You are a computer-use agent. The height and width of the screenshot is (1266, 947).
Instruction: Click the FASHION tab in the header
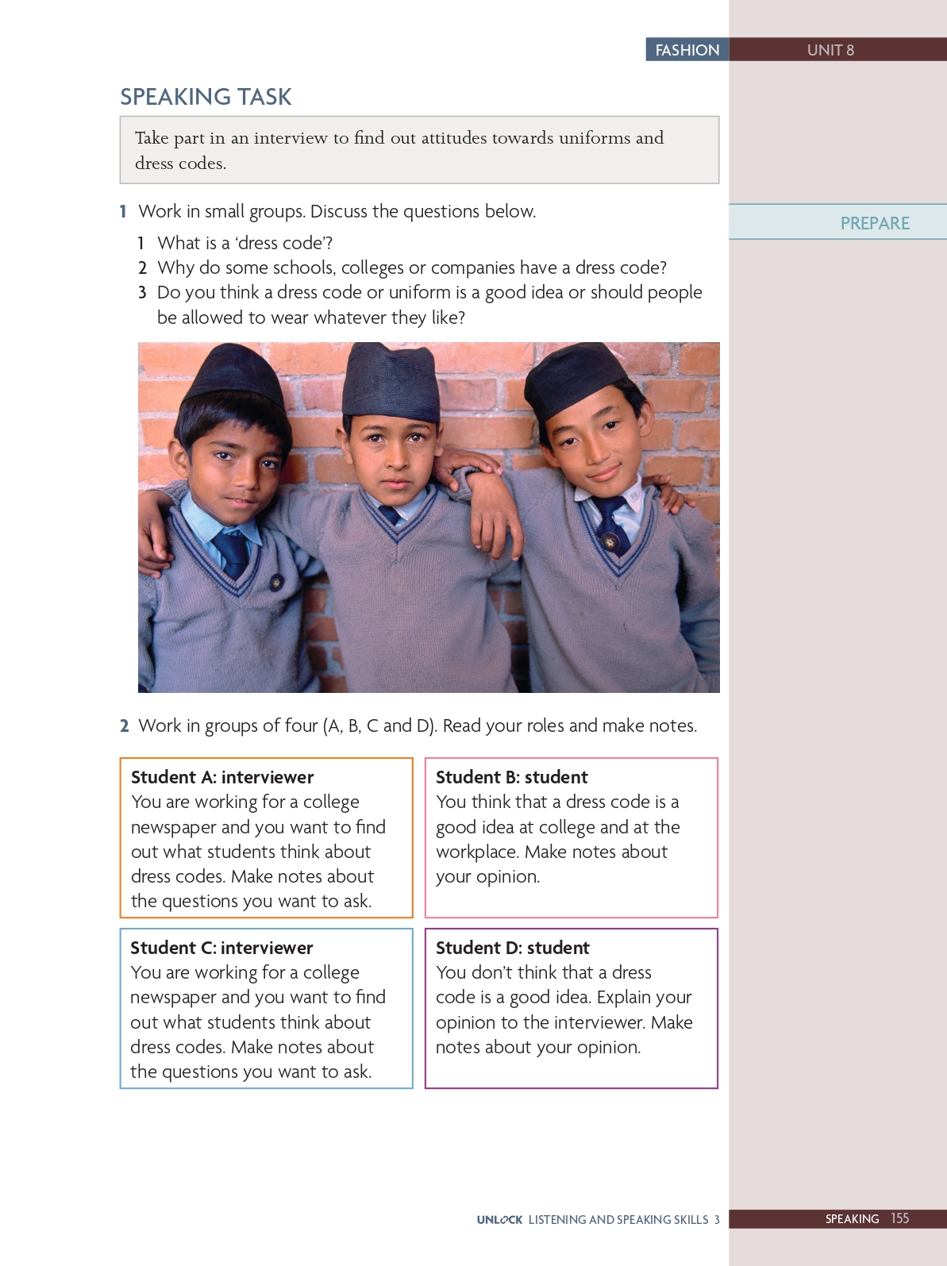687,50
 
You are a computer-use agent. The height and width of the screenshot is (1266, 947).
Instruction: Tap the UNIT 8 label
830,50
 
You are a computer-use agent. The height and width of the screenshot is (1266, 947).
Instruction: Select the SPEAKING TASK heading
206,97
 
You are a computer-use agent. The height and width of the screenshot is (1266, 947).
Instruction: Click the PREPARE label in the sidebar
875,223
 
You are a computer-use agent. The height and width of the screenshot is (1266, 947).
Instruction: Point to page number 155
899,1218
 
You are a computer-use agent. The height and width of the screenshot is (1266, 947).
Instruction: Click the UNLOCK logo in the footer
499,1220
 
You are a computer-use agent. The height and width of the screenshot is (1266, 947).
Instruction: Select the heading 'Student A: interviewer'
222,777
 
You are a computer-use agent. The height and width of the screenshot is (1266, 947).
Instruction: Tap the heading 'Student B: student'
512,777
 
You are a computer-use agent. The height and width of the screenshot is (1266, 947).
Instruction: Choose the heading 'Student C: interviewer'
221,948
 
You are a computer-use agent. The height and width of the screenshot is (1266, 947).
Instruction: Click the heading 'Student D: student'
513,948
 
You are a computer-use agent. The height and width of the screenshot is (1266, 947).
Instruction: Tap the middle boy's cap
391,381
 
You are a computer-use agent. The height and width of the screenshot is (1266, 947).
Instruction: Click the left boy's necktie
233,552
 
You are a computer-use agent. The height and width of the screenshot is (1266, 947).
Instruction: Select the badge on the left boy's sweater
276,582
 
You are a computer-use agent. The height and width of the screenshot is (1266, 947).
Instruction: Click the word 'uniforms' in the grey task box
592,138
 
